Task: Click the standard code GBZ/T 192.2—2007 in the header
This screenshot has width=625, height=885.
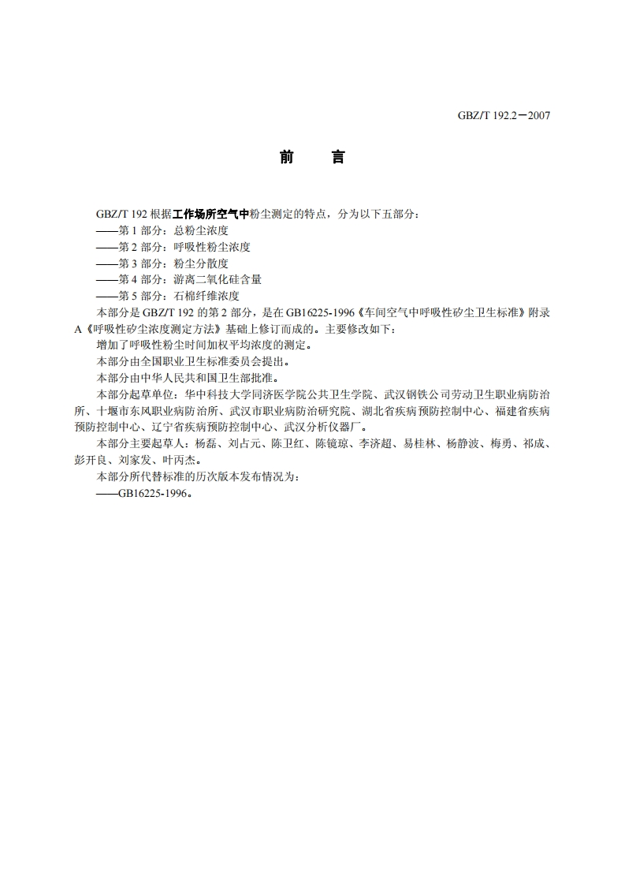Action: click(504, 115)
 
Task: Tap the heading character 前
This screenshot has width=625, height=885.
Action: click(286, 158)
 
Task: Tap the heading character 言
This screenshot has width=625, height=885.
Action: click(337, 158)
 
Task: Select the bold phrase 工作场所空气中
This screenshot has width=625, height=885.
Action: click(211, 214)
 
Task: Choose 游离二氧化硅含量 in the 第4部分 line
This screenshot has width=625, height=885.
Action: click(217, 279)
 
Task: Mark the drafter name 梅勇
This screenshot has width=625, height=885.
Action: click(499, 444)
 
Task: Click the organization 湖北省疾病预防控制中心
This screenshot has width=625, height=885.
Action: click(422, 411)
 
